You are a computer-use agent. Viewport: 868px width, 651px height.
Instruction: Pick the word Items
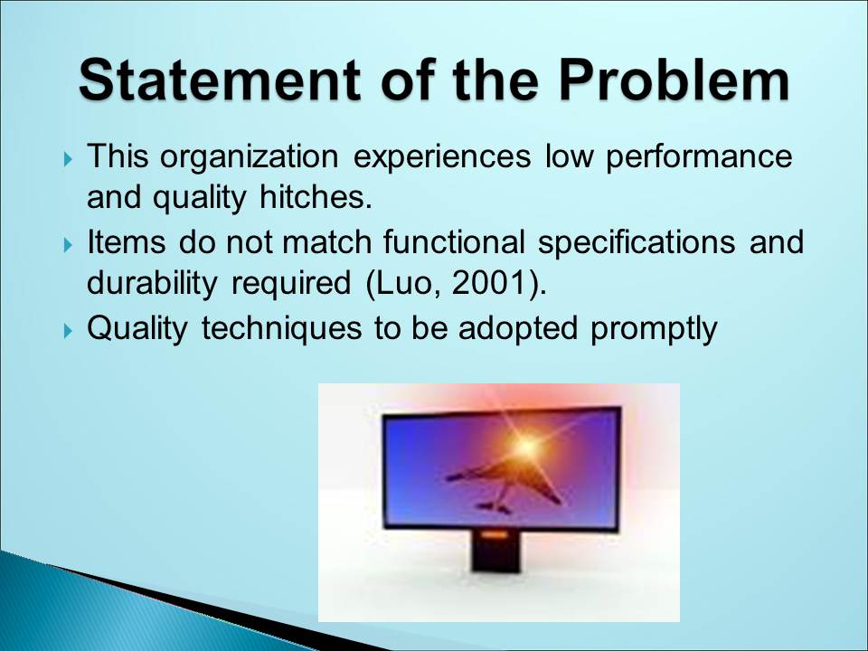(127, 242)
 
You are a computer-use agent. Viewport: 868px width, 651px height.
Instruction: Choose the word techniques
(280, 329)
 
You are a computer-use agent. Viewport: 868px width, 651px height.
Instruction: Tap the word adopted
(517, 329)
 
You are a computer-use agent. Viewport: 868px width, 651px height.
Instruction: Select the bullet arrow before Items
(68, 244)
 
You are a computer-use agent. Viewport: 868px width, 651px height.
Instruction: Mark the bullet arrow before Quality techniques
(68, 331)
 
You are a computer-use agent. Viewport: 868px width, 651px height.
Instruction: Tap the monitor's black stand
(495, 552)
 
